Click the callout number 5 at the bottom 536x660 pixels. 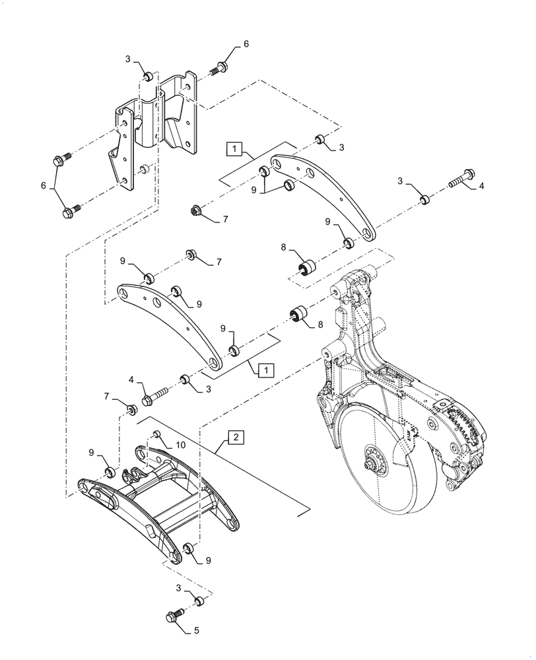tap(195, 630)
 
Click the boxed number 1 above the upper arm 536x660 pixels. tap(236, 149)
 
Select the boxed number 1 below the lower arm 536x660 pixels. tap(263, 370)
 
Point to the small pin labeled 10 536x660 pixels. tap(157, 434)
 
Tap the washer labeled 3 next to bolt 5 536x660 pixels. tap(197, 601)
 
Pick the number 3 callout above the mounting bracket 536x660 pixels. tap(128, 60)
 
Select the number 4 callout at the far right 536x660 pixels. tap(482, 187)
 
